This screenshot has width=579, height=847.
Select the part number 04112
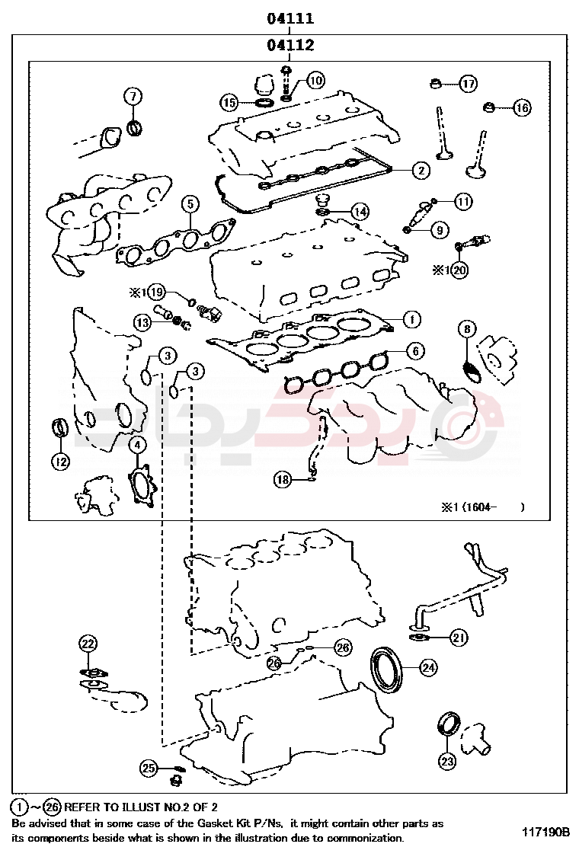click(290, 46)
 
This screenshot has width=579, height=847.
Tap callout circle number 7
click(133, 97)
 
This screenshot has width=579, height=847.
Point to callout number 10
click(315, 80)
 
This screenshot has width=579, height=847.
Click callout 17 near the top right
click(468, 83)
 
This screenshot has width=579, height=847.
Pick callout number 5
click(190, 203)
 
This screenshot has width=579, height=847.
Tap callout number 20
click(459, 269)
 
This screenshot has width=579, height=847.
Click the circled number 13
click(143, 323)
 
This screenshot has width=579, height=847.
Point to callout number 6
click(414, 351)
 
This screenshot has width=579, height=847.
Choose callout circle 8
click(468, 329)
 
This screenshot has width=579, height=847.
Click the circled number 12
click(60, 460)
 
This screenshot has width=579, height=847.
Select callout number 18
click(283, 479)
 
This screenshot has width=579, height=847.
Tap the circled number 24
click(429, 668)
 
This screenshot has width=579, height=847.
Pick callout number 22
click(88, 644)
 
